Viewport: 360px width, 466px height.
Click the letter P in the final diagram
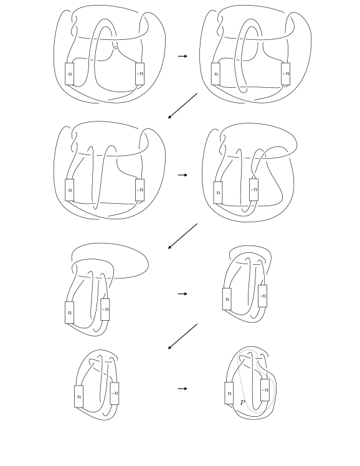(x=243, y=403)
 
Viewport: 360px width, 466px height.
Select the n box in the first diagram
(x=70, y=74)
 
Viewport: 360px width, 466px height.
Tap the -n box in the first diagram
(x=140, y=74)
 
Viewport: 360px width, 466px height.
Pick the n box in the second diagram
(x=216, y=74)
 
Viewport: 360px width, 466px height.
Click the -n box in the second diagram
(x=286, y=74)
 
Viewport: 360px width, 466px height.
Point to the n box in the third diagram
(x=70, y=190)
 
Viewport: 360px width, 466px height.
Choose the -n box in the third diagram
(x=140, y=190)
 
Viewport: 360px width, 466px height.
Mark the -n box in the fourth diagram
(x=253, y=189)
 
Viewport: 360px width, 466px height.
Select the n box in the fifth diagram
(x=69, y=313)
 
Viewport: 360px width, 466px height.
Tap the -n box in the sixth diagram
(x=263, y=296)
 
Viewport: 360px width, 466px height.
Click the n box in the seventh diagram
(x=78, y=396)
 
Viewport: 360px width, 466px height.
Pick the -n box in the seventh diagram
(x=115, y=394)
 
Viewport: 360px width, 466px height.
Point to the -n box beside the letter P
(x=265, y=390)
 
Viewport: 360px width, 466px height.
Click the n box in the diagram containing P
(x=229, y=393)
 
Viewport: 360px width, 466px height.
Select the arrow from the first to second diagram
(x=182, y=56)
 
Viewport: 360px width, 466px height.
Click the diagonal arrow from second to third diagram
(x=182, y=106)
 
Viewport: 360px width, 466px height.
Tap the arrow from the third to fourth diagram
(x=182, y=175)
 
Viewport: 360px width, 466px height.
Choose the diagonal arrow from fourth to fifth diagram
(x=182, y=236)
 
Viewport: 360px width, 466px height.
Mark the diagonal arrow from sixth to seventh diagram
(x=182, y=336)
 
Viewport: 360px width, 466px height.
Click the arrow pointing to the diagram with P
(x=182, y=388)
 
